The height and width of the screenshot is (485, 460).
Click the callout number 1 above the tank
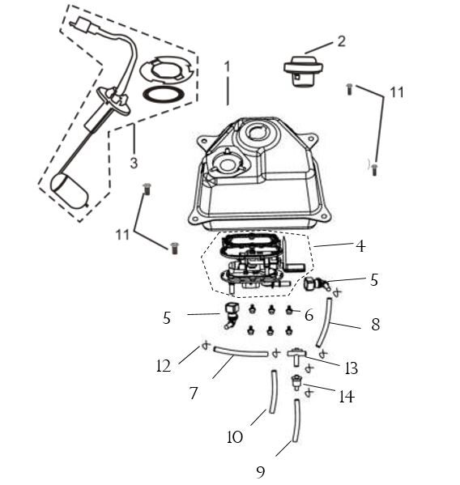[x=228, y=66]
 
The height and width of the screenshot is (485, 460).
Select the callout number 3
[x=134, y=163]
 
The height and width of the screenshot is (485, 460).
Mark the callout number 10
[x=235, y=437]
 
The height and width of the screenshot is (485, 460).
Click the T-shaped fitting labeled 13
[x=296, y=354]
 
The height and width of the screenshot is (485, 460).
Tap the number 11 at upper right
[x=396, y=92]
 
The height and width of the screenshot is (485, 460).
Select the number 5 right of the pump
[x=373, y=280]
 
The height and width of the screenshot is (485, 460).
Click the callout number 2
[x=341, y=40]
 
